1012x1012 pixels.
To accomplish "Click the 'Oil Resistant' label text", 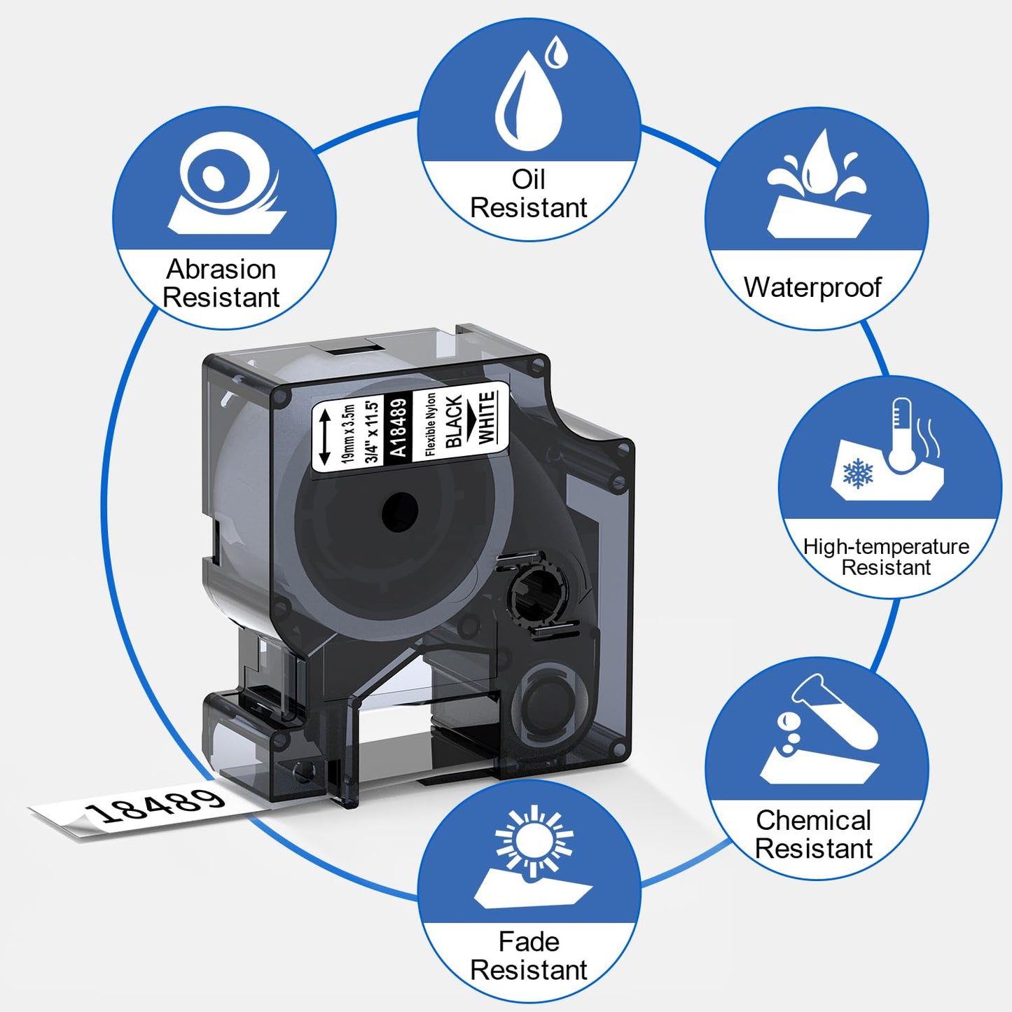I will click(528, 193).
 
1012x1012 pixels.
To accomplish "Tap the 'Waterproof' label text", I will click(812, 287).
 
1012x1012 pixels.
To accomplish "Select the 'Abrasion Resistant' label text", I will click(221, 283).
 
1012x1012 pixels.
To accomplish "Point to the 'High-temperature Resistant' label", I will click(886, 557).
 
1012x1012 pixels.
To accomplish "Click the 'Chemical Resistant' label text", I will click(813, 834).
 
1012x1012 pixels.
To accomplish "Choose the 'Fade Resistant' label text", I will click(528, 955).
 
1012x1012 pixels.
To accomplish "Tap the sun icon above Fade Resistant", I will click(534, 840).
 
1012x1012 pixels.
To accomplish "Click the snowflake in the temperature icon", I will click(858, 473).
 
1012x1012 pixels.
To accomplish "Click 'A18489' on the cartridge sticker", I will click(397, 427).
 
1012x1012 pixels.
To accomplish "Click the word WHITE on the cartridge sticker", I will click(487, 417).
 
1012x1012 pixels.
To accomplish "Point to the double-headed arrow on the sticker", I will click(324, 437).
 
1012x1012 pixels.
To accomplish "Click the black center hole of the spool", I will click(400, 511).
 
